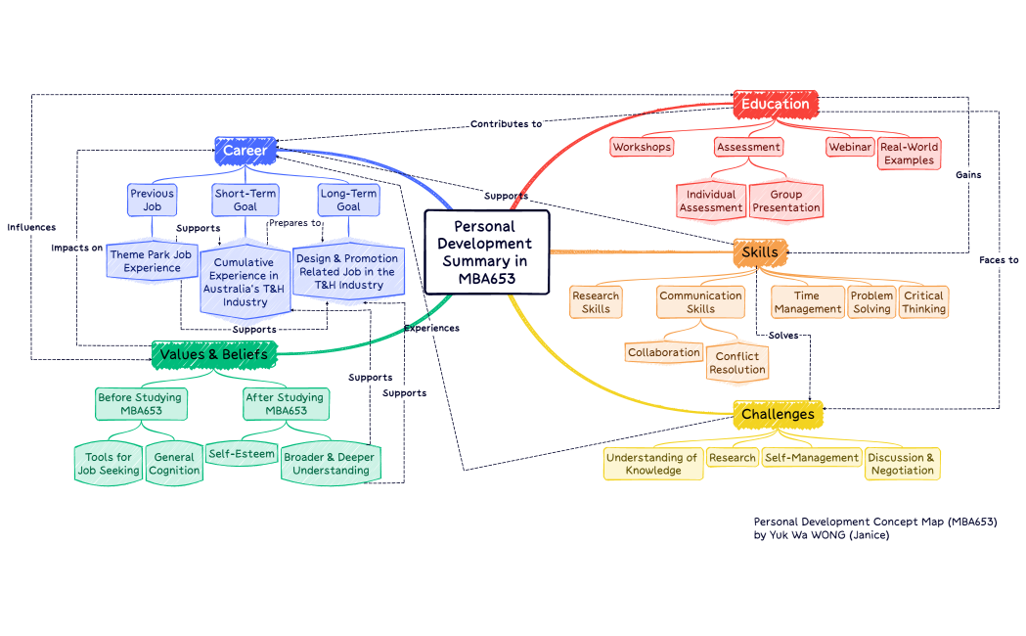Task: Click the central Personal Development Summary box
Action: click(x=486, y=252)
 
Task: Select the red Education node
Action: click(x=775, y=104)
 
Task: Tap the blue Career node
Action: click(x=245, y=151)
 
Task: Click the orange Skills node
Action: click(x=760, y=251)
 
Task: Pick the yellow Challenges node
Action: click(x=778, y=414)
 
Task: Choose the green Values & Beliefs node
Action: click(x=214, y=353)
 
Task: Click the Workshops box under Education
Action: click(x=642, y=147)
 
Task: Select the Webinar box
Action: click(x=849, y=147)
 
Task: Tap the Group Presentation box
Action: click(x=786, y=202)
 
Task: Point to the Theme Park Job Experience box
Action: click(x=152, y=261)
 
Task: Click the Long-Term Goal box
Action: click(x=348, y=200)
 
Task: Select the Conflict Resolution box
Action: click(x=737, y=363)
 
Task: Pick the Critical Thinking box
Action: click(x=923, y=302)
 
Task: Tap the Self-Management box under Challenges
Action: click(x=812, y=457)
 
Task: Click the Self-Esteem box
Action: click(x=242, y=454)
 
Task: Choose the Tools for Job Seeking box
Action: click(x=109, y=464)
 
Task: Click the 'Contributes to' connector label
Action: click(x=506, y=124)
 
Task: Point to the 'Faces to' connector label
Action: click(x=999, y=260)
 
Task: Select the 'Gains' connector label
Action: click(x=968, y=174)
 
